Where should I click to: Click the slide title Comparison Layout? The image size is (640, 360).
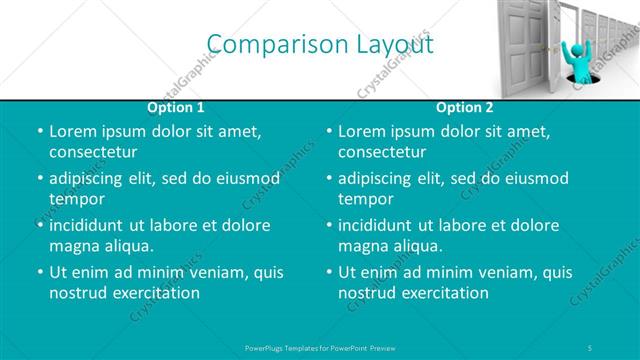320,44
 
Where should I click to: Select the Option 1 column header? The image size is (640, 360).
176,107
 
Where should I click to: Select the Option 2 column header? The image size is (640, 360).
465,107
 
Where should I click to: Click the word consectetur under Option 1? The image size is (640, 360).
93,152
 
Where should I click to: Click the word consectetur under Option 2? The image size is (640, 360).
382,152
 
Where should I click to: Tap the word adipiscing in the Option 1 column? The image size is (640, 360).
90,178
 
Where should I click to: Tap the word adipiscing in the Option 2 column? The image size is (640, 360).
379,178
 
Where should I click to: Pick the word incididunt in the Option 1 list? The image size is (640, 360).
90,225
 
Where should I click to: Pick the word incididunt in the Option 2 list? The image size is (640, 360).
379,225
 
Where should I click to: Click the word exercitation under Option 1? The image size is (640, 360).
156,293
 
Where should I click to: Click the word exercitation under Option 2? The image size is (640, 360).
445,293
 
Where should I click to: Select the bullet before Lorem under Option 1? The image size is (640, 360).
39,131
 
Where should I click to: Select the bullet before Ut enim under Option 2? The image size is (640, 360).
328,271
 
